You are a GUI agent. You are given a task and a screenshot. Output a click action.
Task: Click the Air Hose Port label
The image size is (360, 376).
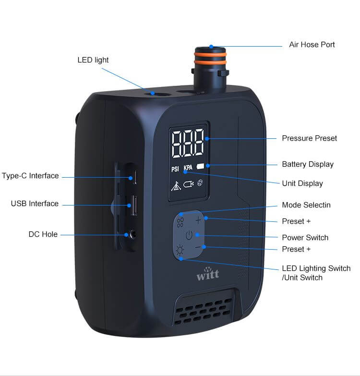point(312,45)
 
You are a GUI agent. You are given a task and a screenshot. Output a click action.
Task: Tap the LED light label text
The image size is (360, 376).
point(93,60)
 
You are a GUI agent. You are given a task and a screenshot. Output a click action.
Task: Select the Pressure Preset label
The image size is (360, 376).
point(309,138)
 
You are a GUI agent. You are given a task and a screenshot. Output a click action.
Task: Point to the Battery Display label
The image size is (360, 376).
point(307,164)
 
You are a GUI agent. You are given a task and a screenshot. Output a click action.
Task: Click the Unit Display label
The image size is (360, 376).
point(302,183)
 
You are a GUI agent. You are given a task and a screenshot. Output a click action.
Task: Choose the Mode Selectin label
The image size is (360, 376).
point(306,205)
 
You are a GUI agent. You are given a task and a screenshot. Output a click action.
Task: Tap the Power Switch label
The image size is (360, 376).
point(305,238)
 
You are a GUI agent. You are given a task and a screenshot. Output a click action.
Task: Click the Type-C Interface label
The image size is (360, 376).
point(30,176)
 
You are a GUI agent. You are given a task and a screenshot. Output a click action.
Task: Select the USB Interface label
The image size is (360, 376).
point(35,204)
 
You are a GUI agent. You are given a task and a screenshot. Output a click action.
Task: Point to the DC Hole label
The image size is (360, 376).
point(43,234)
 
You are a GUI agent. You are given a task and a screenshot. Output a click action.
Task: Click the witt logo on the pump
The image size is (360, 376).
point(207,274)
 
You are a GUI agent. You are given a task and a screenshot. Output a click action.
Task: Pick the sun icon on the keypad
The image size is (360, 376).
point(180,250)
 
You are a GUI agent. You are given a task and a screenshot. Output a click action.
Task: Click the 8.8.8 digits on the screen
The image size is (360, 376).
point(188,143)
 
